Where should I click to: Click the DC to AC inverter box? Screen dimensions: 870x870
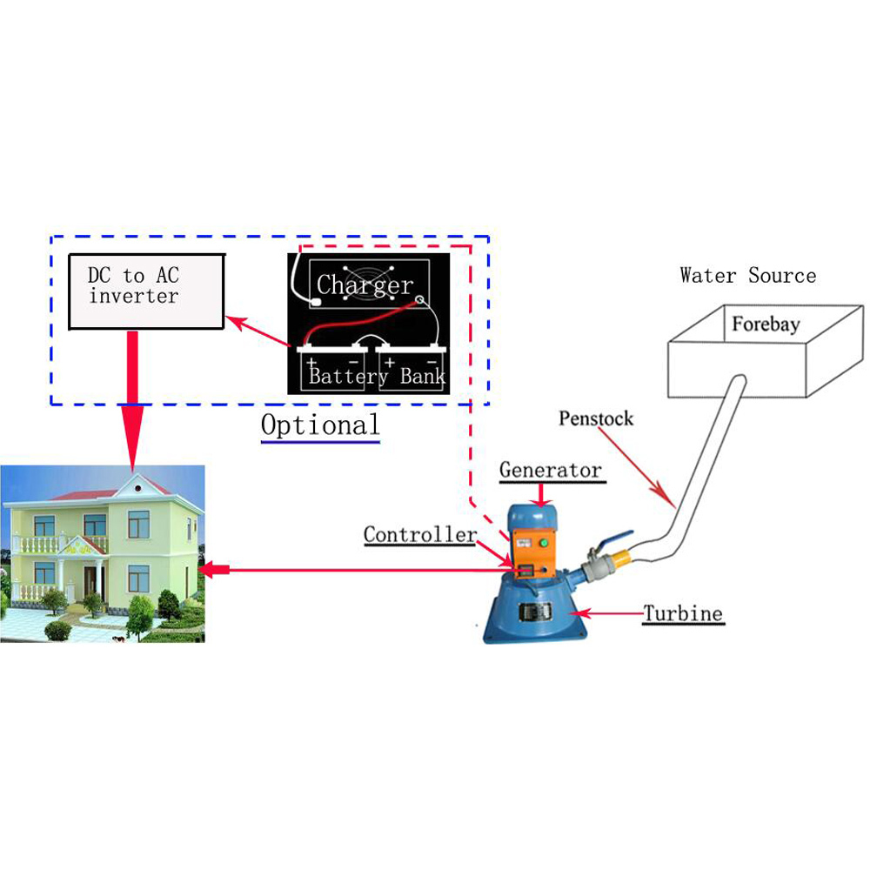[x=147, y=291]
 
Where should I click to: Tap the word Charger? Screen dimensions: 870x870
[x=365, y=284]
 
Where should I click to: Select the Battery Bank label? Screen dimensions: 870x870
[x=377, y=377]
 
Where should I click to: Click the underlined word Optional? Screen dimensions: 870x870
[x=320, y=426]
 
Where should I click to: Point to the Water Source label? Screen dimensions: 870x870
[x=748, y=277]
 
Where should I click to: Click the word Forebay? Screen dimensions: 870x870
[x=765, y=325]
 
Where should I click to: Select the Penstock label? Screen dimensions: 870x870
[x=596, y=418]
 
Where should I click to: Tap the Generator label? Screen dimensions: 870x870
[x=550, y=471]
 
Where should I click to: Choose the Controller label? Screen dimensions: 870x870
[x=419, y=534]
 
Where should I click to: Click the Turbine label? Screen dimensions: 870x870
[x=683, y=613]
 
